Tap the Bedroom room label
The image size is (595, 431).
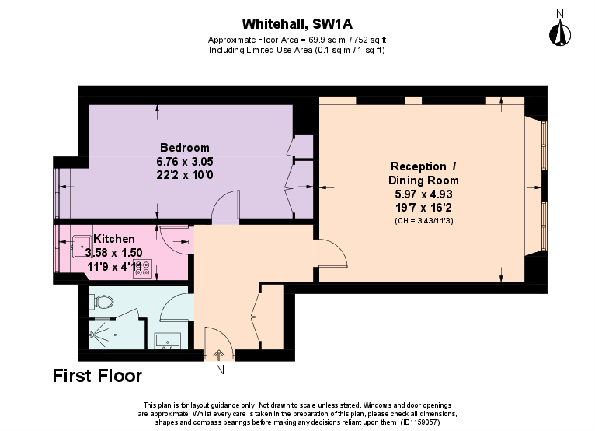tap(184, 148)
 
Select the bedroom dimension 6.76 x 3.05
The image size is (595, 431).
tap(184, 161)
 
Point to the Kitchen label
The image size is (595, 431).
tap(114, 239)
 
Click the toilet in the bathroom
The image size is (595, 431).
tap(104, 301)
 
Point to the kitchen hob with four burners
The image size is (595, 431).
tap(141, 269)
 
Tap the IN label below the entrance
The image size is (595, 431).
tap(218, 370)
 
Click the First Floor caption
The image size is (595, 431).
tap(97, 377)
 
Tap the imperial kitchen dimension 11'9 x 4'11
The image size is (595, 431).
tap(114, 265)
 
